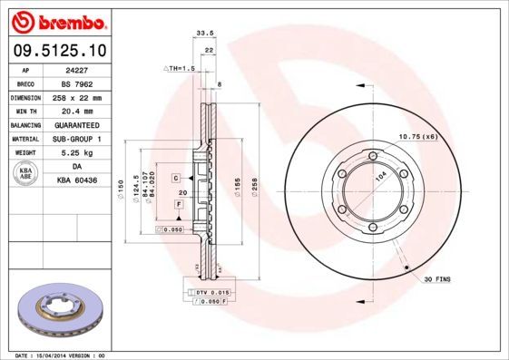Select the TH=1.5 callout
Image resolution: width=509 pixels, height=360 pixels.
click(x=179, y=69)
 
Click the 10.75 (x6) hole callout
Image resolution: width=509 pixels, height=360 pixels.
click(x=418, y=136)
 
